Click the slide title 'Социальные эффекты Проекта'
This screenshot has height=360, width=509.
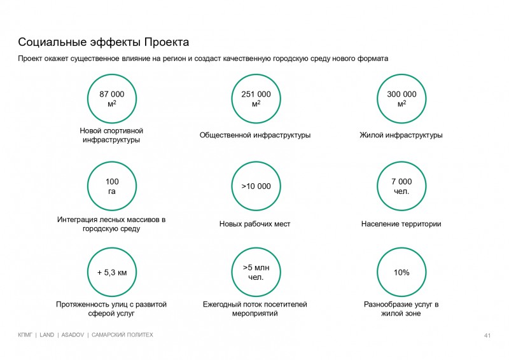point(103,43)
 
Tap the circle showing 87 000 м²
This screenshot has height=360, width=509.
point(111,99)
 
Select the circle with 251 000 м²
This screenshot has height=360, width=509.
point(256,99)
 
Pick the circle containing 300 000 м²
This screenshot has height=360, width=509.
point(401,99)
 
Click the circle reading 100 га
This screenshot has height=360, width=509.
point(111,186)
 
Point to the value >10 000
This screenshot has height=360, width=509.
point(256,186)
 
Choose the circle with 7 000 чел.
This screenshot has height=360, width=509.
point(401,186)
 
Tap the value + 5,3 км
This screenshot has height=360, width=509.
point(111,273)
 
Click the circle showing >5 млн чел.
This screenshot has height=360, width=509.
point(256,273)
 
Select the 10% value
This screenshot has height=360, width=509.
point(401,273)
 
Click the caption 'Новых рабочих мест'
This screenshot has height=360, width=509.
point(255,224)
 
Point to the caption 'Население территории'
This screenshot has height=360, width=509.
point(401,224)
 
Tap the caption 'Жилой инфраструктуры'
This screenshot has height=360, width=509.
point(401,135)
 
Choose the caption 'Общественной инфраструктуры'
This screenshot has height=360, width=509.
point(255,135)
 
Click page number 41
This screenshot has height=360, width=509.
point(487,335)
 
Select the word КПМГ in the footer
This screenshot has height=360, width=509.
point(27,335)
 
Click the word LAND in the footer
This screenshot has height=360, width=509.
point(47,335)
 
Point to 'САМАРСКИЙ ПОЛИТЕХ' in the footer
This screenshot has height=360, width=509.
point(123,335)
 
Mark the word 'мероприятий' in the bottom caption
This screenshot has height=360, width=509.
point(255,314)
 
